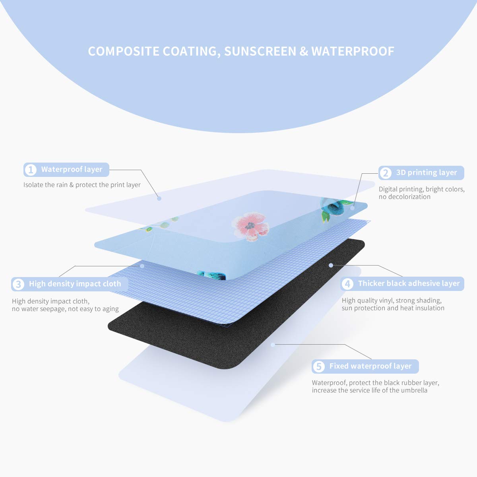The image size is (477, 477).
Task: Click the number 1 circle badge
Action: click(x=30, y=170)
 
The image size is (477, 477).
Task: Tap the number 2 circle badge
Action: click(x=385, y=173)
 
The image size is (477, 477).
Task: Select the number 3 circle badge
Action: click(x=18, y=284)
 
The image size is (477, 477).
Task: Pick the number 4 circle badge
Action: click(x=347, y=284)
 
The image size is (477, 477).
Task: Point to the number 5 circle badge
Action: click(x=318, y=366)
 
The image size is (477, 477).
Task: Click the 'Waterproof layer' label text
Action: click(x=72, y=170)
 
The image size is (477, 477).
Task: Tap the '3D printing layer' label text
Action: click(x=427, y=173)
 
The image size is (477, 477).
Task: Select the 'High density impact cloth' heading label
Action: click(x=75, y=284)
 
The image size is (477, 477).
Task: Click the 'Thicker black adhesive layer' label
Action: click(x=409, y=283)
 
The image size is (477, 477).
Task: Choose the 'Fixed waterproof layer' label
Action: click(x=370, y=366)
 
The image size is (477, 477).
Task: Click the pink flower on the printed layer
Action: click(x=250, y=227)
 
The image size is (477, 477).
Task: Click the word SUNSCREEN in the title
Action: click(x=260, y=51)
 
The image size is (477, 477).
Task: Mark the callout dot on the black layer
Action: click(x=331, y=264)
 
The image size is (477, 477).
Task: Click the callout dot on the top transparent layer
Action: click(x=159, y=198)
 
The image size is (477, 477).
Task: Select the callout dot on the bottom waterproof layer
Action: click(x=273, y=345)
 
